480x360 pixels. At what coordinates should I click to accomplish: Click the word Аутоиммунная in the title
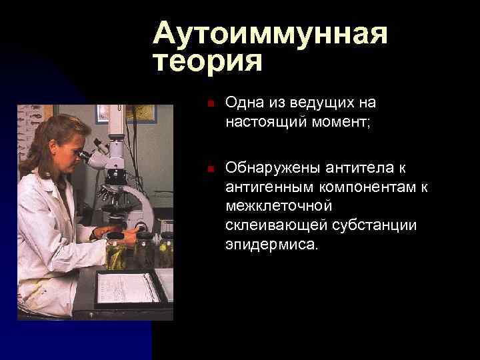coord(269,34)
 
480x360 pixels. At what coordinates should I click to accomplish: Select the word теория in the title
coord(207,62)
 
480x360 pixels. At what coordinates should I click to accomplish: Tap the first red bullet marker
coord(209,104)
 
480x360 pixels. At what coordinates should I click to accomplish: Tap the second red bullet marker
coord(209,170)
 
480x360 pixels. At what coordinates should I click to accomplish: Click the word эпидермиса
coord(271,245)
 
